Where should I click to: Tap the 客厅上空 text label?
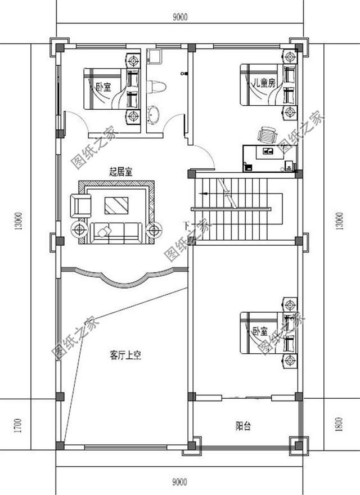pyautogui.click(x=125, y=355)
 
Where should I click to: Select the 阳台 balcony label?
pyautogui.click(x=243, y=426)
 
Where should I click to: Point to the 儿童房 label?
pyautogui.click(x=263, y=83)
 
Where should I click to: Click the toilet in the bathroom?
pyautogui.click(x=156, y=87)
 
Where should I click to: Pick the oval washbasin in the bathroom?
pyautogui.click(x=153, y=115)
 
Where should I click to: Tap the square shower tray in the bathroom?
pyautogui.click(x=155, y=56)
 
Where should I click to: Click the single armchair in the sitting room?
pyautogui.click(x=80, y=205)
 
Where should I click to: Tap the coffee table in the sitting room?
pyautogui.click(x=116, y=205)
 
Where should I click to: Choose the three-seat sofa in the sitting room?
pyautogui.click(x=116, y=231)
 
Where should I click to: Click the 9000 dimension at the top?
pyautogui.click(x=180, y=17)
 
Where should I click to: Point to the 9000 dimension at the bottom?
pyautogui.click(x=180, y=481)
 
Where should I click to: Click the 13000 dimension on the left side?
pyautogui.click(x=18, y=222)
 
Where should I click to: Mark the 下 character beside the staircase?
pyautogui.click(x=187, y=226)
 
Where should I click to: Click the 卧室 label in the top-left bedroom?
pyautogui.click(x=103, y=87)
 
